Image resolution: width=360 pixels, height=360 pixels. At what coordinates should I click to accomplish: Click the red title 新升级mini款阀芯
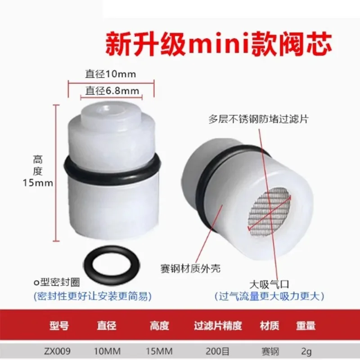point(218,43)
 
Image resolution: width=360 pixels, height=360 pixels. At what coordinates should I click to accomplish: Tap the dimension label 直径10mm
point(111,74)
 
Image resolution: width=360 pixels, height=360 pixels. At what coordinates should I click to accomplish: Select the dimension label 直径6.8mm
point(112,91)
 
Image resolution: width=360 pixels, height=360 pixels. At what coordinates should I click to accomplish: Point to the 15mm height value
point(38,183)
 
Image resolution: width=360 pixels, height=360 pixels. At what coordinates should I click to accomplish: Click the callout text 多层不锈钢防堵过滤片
point(258,119)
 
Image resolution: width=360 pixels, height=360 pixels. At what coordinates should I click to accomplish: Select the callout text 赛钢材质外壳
point(190,268)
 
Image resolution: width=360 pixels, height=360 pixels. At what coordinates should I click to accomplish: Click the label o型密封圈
point(57,283)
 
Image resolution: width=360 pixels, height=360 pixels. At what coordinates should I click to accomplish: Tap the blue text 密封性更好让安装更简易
point(93,297)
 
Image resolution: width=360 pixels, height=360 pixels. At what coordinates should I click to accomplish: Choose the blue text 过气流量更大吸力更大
point(269,297)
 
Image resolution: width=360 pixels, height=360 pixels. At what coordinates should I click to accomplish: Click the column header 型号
point(59,325)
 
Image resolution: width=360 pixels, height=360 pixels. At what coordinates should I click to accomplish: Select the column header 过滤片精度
point(218,325)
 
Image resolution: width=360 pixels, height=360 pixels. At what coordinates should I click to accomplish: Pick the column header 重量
point(306,325)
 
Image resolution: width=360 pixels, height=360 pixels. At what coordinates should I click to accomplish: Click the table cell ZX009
point(57,351)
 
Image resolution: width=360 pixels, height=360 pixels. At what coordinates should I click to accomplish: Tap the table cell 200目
point(217,351)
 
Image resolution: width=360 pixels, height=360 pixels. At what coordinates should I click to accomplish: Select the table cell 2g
point(306,351)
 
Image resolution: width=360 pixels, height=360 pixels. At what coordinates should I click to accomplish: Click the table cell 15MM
point(159,351)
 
